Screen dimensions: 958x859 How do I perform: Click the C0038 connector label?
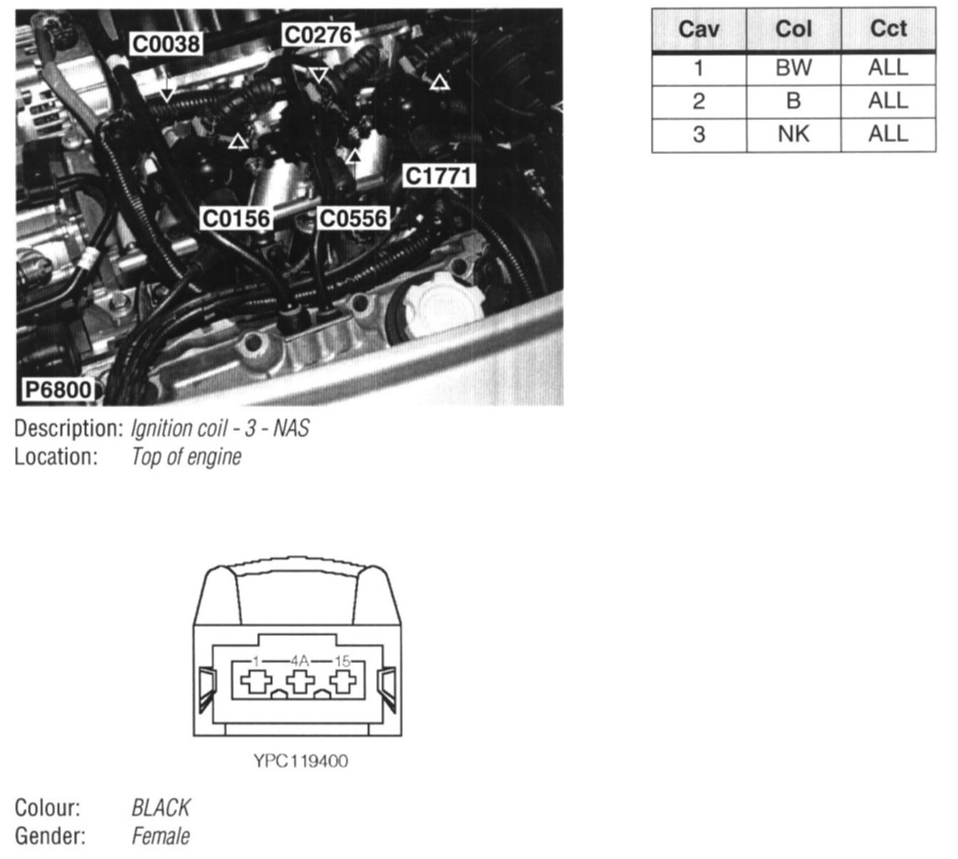(x=166, y=44)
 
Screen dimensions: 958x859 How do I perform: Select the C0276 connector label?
(x=317, y=34)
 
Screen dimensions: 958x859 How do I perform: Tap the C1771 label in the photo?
(x=438, y=175)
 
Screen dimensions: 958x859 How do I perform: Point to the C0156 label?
(x=236, y=218)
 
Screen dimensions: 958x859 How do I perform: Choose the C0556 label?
(x=353, y=218)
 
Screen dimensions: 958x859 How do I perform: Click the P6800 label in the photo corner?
(x=58, y=390)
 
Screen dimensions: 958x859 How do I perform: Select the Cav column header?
(x=698, y=30)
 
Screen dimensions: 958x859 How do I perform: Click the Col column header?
(x=793, y=30)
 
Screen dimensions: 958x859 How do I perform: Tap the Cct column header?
(x=888, y=30)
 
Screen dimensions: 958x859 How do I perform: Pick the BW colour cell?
(x=793, y=68)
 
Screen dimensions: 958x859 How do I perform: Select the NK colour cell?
(x=793, y=134)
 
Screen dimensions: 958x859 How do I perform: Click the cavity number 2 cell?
(x=698, y=102)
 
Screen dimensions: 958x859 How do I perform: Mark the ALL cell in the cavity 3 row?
(x=888, y=134)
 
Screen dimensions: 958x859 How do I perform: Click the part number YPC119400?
(x=301, y=762)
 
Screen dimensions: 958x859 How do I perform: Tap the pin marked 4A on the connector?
(x=300, y=682)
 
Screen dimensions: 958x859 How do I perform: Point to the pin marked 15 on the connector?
(x=343, y=682)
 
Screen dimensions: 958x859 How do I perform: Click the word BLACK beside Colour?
(x=160, y=808)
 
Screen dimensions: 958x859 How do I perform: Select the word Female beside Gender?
(x=160, y=836)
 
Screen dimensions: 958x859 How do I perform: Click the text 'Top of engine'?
(x=186, y=456)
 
